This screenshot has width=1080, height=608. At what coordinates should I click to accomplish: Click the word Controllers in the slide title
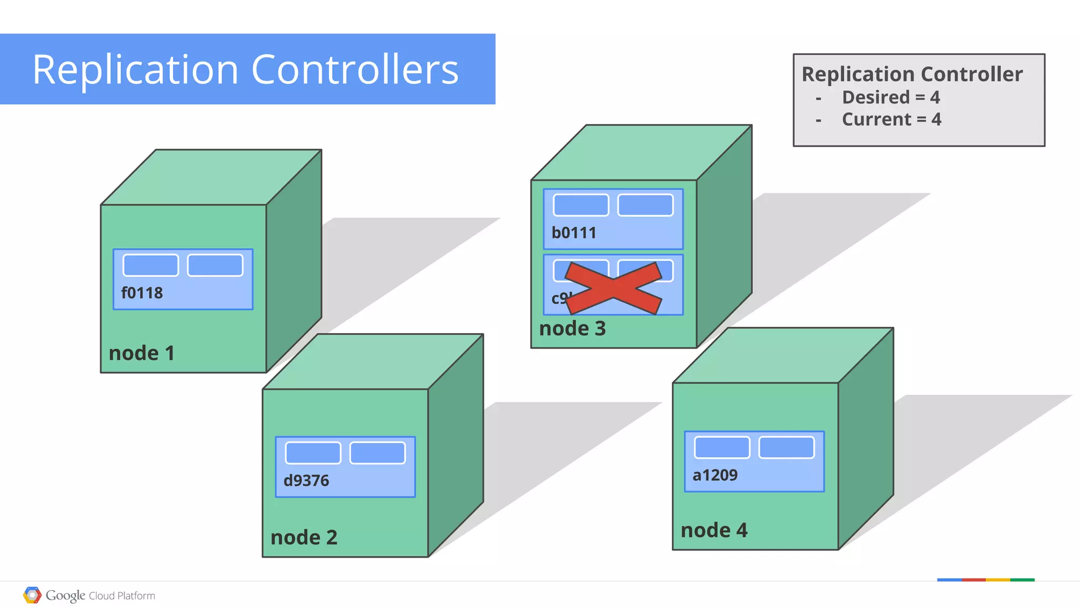pos(355,70)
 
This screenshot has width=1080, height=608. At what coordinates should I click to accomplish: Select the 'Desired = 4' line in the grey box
pos(891,98)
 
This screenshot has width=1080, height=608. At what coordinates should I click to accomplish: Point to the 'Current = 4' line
pos(891,120)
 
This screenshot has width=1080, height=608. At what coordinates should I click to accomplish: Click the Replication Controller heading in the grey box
pos(912,74)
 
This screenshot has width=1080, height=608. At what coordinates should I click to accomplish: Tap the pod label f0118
pos(142,293)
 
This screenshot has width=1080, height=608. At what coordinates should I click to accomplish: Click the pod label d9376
pos(306,481)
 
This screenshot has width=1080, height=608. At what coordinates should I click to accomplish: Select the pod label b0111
pos(574,233)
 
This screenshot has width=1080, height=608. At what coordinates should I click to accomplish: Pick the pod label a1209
pos(715,476)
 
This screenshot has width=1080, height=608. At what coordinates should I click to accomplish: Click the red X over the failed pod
pos(613,288)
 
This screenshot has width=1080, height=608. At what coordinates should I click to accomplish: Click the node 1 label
pos(141,353)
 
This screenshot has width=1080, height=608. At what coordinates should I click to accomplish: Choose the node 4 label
pos(714,530)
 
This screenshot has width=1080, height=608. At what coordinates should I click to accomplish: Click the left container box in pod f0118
pos(151,265)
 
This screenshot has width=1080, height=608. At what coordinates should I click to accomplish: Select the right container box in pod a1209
pos(786,448)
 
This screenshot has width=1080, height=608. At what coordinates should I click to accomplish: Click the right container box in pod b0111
pos(645,205)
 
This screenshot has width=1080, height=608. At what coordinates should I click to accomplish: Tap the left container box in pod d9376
pos(313,453)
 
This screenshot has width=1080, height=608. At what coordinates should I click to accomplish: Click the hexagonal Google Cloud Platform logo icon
pos(32,595)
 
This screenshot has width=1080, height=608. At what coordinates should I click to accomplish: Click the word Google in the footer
pos(65,596)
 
